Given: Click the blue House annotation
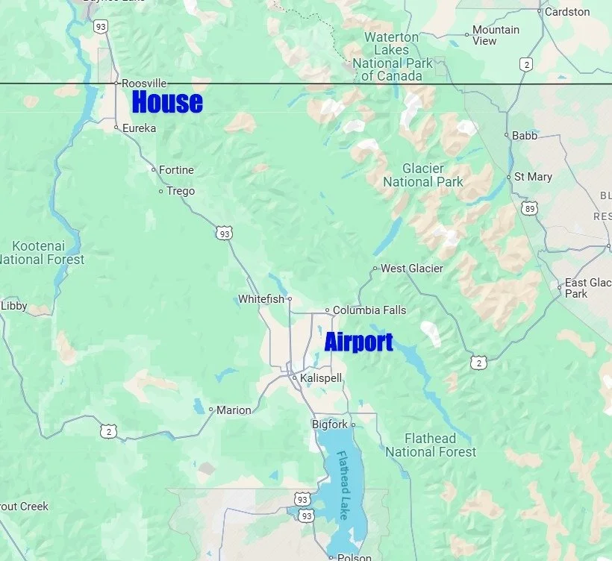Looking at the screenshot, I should [167, 102].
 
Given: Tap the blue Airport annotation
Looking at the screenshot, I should [358, 342].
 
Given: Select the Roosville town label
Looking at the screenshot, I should [143, 84].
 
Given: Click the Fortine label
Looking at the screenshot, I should [176, 170].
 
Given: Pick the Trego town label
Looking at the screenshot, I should [180, 191].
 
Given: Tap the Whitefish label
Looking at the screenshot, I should [260, 299].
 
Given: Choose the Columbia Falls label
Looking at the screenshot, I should [369, 310].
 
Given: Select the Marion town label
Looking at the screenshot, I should [234, 410].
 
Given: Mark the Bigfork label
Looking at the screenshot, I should [329, 424].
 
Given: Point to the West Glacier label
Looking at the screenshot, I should [411, 268].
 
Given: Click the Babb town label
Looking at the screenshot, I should [525, 136].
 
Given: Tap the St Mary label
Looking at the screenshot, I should [534, 177].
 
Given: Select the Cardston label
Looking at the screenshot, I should [567, 11].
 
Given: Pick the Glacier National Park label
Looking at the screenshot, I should [422, 175].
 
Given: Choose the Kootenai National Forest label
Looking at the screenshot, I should [43, 252].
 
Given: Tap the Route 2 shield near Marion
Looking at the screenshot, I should [108, 430].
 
